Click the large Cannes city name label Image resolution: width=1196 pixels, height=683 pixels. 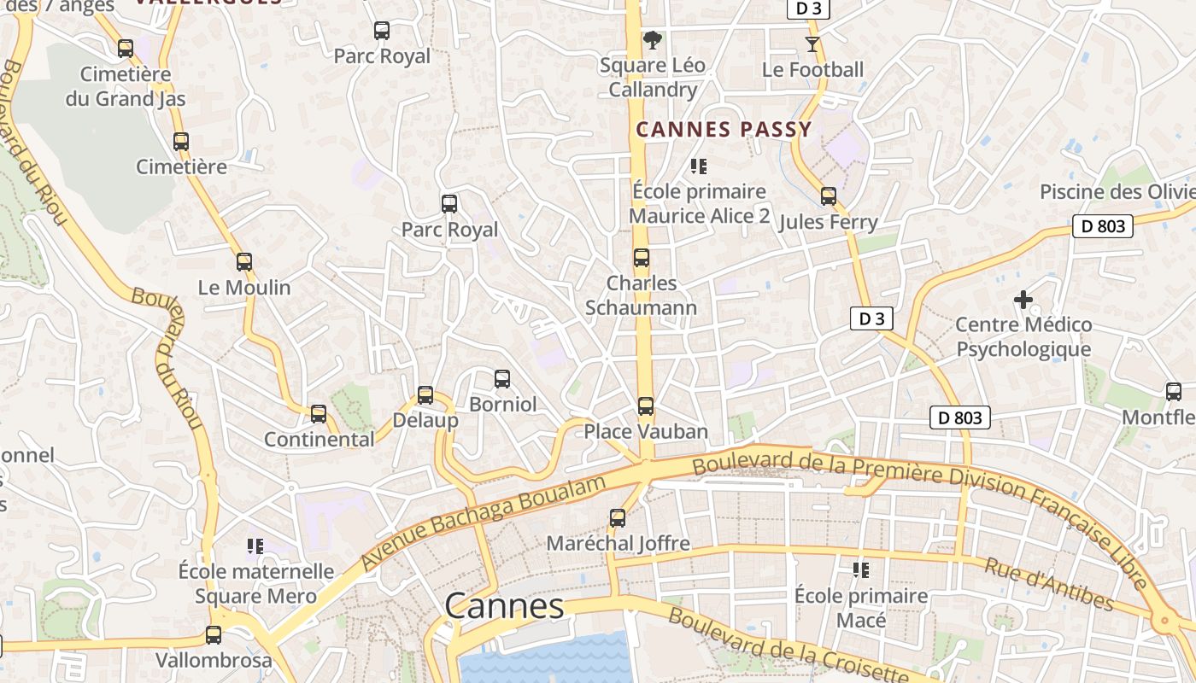(504, 606)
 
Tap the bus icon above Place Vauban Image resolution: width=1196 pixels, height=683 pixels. (646, 406)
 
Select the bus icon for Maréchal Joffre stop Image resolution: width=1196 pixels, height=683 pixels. (618, 518)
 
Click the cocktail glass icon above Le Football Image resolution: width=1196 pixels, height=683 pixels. (812, 44)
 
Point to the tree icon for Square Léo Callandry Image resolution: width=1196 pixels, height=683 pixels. (652, 39)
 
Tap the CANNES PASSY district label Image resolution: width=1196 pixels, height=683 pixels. (724, 130)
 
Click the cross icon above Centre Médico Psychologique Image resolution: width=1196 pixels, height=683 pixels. (1023, 300)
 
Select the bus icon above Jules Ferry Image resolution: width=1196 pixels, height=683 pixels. (828, 196)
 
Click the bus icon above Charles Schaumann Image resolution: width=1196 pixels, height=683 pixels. (642, 258)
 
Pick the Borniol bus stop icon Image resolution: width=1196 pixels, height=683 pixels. (502, 378)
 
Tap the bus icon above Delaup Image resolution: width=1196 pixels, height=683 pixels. (425, 395)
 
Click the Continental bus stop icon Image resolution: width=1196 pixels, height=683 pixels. (319, 414)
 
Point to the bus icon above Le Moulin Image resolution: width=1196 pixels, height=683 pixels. (244, 262)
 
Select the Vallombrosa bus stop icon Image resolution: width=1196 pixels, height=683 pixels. (214, 635)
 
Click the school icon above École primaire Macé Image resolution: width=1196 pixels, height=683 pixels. (861, 569)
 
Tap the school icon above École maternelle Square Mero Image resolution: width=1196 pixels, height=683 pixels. (255, 546)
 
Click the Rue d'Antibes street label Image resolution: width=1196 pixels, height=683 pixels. (1049, 585)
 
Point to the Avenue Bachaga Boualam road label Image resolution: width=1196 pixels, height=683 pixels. (484, 523)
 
